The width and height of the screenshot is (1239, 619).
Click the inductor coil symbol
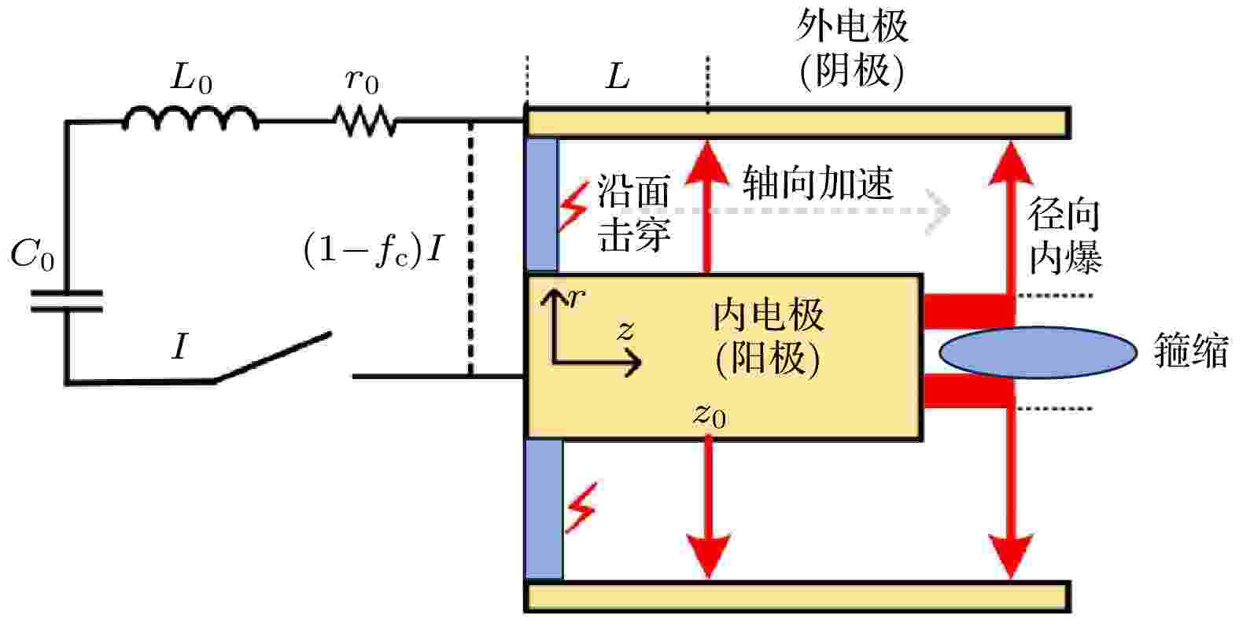pyautogui.click(x=190, y=118)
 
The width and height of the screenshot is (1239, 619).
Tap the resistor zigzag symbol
pyautogui.click(x=364, y=121)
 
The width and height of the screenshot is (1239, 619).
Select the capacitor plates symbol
pyautogui.click(x=66, y=301)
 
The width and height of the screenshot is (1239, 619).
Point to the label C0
pyautogui.click(x=32, y=255)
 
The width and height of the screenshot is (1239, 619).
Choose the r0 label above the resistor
pyautogui.click(x=363, y=81)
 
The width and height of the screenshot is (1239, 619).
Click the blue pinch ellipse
pyautogui.click(x=1038, y=352)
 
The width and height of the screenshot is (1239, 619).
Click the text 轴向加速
pyautogui.click(x=817, y=182)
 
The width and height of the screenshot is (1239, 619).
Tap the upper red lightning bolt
pyautogui.click(x=573, y=206)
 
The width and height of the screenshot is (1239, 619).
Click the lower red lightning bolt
pyautogui.click(x=581, y=508)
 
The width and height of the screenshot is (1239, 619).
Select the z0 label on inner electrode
pyautogui.click(x=710, y=415)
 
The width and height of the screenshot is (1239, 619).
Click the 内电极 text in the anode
pyautogui.click(x=769, y=316)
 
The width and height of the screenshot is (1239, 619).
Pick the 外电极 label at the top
pyautogui.click(x=853, y=27)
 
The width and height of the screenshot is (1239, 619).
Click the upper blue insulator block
pyautogui.click(x=541, y=204)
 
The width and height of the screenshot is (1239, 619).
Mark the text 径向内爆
pyautogui.click(x=1065, y=236)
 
